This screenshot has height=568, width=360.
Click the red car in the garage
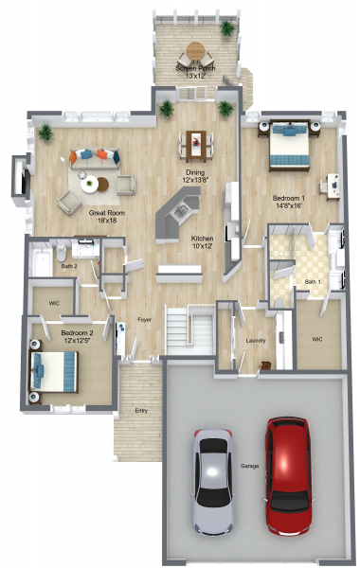pos(288,475)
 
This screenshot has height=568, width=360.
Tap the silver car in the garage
pos(213,481)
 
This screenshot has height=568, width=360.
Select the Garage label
pos(249,466)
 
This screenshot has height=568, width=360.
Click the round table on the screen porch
pos(195,51)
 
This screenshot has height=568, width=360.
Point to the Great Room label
pos(107,216)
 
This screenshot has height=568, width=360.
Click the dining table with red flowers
pos(196,146)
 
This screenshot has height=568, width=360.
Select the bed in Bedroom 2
pos(54,372)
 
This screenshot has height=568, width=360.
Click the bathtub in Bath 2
pos(42,261)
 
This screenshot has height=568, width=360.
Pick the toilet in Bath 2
pos(62,253)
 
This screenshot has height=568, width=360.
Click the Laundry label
pos(256,341)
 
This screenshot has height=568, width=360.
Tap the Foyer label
pos(144,320)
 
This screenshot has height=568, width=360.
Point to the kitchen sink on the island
pos(180,212)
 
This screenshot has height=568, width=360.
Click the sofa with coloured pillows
pos(95,159)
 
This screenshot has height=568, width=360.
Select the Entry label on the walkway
pos(141,411)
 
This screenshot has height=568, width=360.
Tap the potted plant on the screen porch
pos(227,28)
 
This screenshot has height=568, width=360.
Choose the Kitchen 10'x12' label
pos(203,242)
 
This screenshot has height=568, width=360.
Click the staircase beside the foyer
pos(189,329)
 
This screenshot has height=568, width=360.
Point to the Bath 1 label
pos(313,281)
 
